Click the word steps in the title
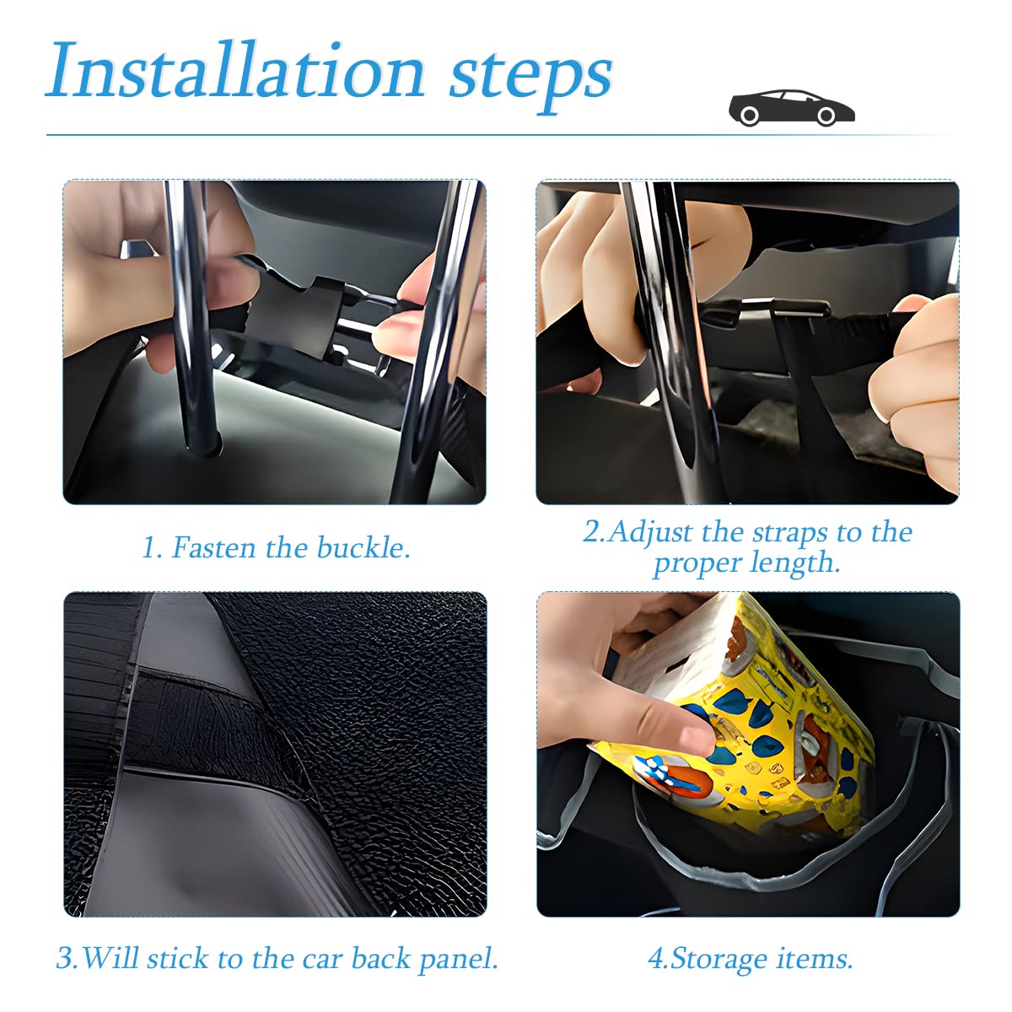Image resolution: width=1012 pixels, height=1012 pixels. click(x=530, y=76)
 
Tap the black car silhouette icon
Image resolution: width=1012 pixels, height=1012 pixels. click(x=791, y=108)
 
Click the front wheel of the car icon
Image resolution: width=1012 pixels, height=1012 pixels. click(x=827, y=116)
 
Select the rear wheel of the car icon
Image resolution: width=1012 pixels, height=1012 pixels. click(x=748, y=116)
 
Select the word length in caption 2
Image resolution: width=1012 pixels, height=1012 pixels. click(x=802, y=563)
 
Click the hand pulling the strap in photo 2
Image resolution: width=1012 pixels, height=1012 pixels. click(x=915, y=388)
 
